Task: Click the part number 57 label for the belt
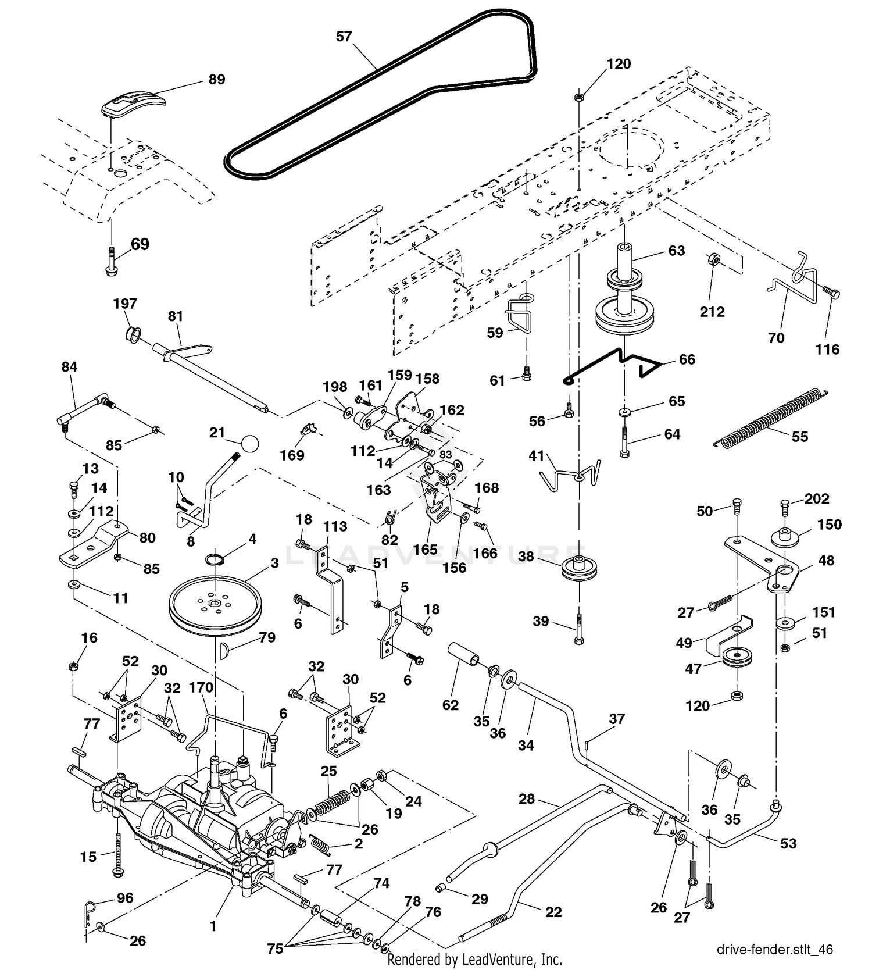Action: point(344,37)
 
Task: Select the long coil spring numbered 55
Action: point(770,418)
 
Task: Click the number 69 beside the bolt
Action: point(140,244)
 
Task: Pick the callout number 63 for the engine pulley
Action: point(677,251)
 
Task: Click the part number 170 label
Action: point(201,687)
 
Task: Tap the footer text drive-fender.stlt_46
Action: point(774,950)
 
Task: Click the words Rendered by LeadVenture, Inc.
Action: point(475,958)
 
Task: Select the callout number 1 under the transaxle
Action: point(213,926)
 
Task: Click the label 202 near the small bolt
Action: point(817,498)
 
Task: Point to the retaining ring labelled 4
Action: point(215,559)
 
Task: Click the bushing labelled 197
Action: point(134,334)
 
